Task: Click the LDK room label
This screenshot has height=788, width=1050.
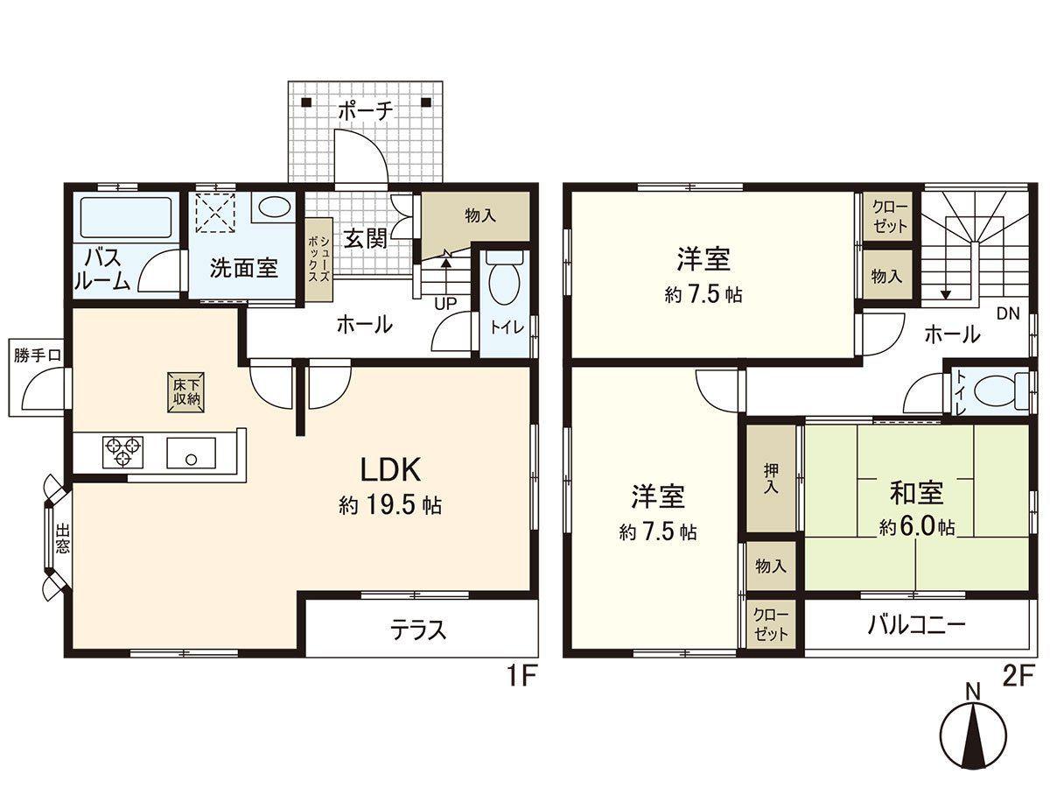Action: (x=390, y=470)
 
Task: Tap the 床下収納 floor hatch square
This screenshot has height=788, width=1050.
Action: (x=185, y=392)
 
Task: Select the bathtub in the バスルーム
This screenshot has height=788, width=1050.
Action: (x=126, y=217)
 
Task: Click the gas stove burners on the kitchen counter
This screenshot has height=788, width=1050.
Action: (x=123, y=451)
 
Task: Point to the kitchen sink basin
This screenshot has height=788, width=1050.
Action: (x=191, y=452)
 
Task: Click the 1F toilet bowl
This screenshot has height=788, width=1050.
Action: (x=504, y=281)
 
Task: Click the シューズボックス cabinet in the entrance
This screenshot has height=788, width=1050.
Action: (x=318, y=260)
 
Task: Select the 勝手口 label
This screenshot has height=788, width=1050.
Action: (x=38, y=355)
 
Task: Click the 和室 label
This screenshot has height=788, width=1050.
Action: (x=916, y=493)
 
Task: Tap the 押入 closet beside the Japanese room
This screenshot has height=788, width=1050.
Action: (x=771, y=478)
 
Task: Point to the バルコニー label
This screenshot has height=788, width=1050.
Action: (x=916, y=625)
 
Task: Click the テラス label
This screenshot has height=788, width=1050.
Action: (x=418, y=630)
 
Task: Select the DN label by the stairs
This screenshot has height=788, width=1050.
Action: (x=1008, y=313)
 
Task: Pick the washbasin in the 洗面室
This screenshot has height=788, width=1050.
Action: (x=274, y=208)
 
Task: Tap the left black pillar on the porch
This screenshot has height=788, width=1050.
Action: (x=306, y=102)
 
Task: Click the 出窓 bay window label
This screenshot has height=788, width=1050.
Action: (x=62, y=539)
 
